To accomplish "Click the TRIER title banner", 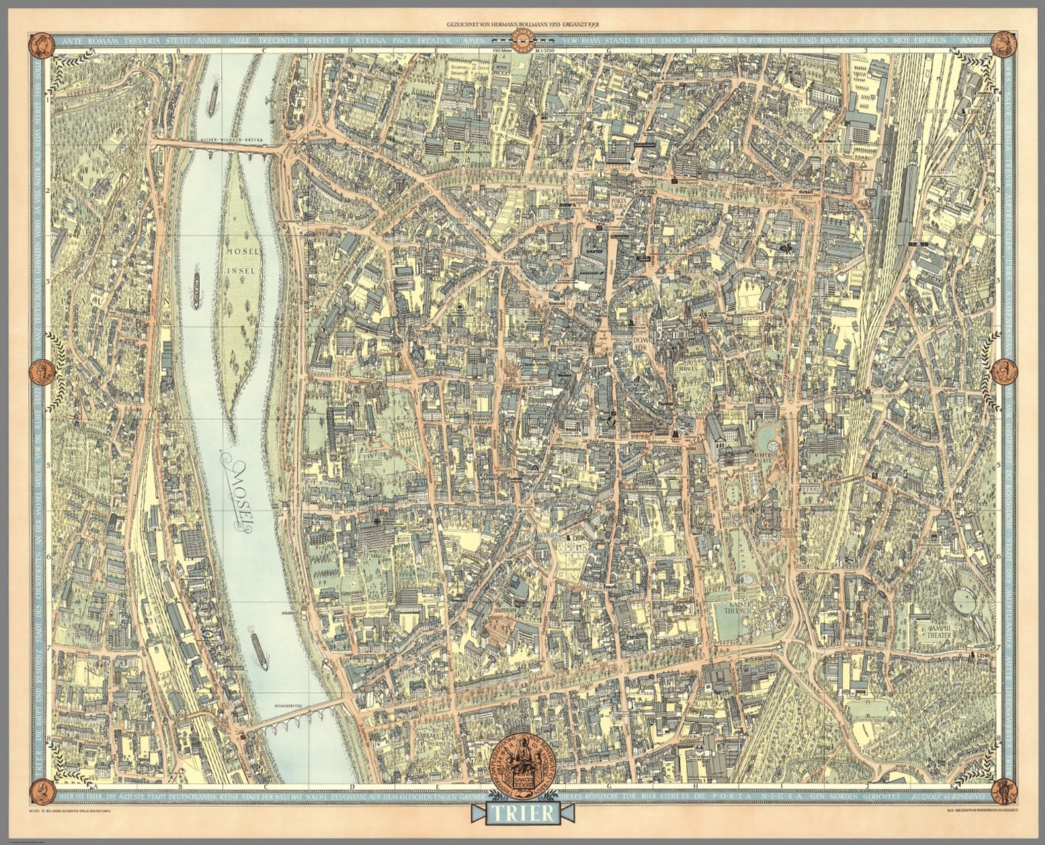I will (x=522, y=813).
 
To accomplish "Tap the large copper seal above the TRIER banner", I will (x=522, y=760).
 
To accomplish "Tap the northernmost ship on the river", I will (x=213, y=99).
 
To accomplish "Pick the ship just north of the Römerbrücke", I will (x=259, y=651).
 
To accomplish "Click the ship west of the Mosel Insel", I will (x=197, y=291).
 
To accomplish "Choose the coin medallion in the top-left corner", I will (x=42, y=45).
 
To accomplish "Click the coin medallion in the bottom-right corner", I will (x=1003, y=791).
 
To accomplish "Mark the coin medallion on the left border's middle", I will (x=42, y=372).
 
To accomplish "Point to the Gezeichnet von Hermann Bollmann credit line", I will (x=522, y=24).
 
